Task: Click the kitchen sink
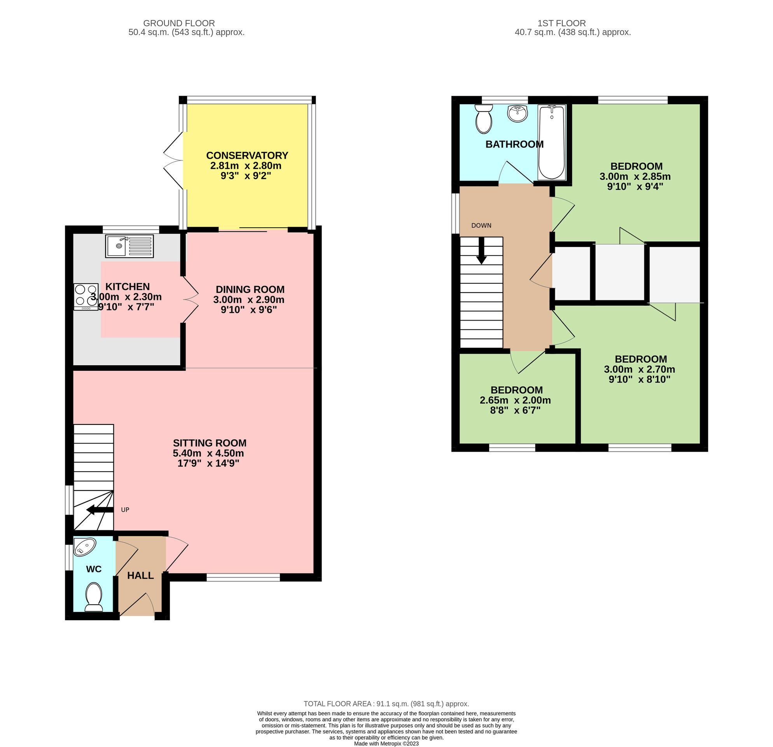(x=129, y=246)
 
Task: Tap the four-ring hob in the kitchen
(x=86, y=297)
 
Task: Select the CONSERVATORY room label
(x=247, y=155)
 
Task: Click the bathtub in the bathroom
(x=552, y=142)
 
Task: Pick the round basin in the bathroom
(x=518, y=114)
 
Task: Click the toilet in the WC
(x=93, y=597)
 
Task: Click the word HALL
(x=140, y=575)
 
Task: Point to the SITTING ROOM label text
(x=210, y=443)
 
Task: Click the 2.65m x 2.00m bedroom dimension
(x=515, y=400)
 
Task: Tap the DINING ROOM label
(x=250, y=289)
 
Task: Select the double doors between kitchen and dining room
(x=191, y=300)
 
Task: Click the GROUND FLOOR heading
(x=178, y=23)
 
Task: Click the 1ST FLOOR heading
(x=561, y=23)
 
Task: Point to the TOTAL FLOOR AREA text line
(x=386, y=682)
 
